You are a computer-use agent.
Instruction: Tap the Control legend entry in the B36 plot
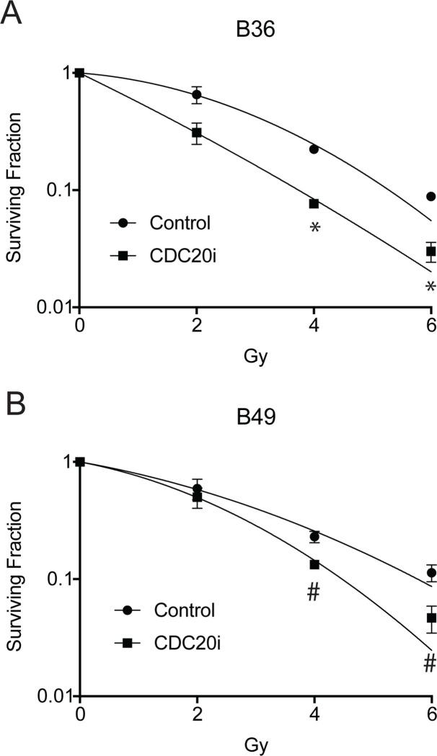[180, 223]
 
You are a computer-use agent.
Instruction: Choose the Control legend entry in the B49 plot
[184, 611]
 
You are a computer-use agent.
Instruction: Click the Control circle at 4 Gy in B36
[314, 149]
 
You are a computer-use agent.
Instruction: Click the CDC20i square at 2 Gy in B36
[196, 133]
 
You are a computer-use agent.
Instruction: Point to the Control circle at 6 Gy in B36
[431, 196]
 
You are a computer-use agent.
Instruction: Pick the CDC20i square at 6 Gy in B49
[431, 618]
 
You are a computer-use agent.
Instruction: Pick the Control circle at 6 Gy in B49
[431, 573]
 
